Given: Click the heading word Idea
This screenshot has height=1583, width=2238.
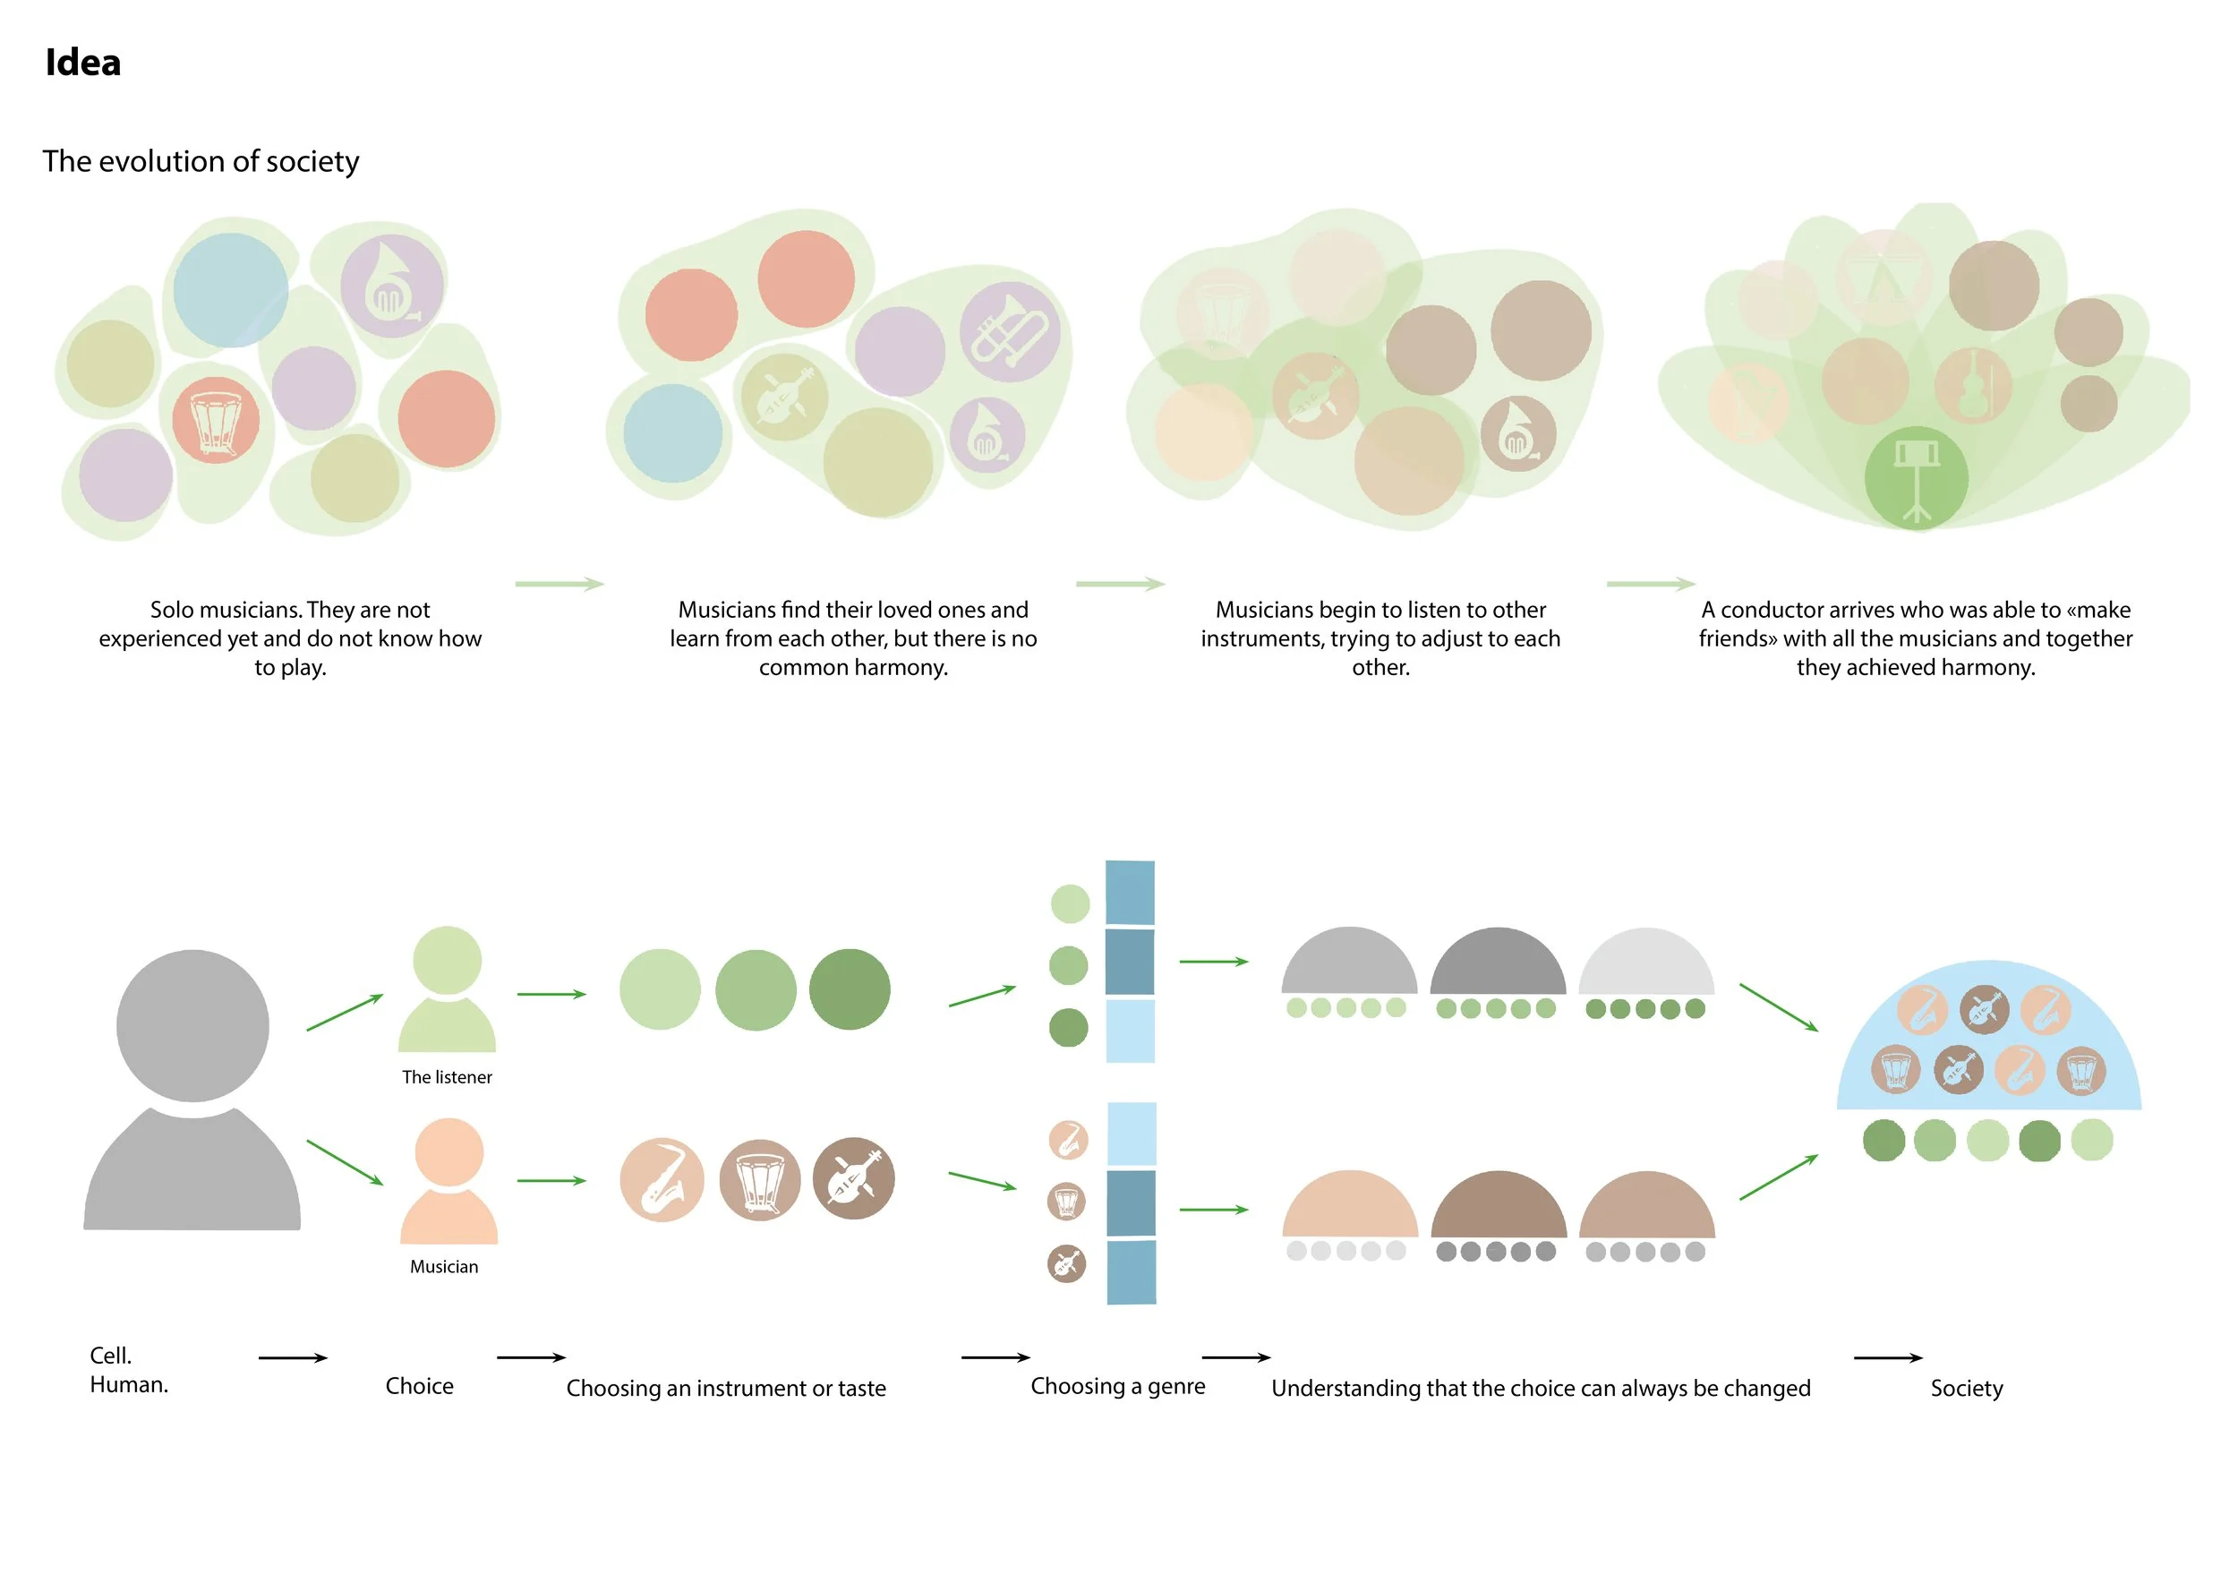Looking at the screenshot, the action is pyautogui.click(x=83, y=63).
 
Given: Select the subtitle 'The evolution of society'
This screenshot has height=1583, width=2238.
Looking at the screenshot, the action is pyautogui.click(x=201, y=161).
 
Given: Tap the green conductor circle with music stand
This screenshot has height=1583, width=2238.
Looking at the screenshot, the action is pyautogui.click(x=1916, y=477).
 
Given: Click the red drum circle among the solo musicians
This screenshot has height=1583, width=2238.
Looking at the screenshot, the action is pyautogui.click(x=216, y=420).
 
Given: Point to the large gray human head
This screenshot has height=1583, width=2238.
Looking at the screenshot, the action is pyautogui.click(x=192, y=1025).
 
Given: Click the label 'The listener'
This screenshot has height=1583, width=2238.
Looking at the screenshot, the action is pyautogui.click(x=447, y=1077).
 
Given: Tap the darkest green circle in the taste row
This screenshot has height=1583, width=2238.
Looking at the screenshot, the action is pyautogui.click(x=849, y=989).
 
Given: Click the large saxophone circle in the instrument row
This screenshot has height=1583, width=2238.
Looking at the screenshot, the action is pyautogui.click(x=662, y=1179).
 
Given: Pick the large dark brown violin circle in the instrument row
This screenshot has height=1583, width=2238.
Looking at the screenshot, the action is pyautogui.click(x=853, y=1177).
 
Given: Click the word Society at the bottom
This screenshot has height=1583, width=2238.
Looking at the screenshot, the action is pyautogui.click(x=1966, y=1388).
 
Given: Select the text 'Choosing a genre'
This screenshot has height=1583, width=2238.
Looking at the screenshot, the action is pyautogui.click(x=1117, y=1386).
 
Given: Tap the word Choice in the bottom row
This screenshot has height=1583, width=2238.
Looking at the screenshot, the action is pyautogui.click(x=419, y=1386).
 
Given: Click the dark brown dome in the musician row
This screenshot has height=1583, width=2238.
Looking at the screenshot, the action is pyautogui.click(x=1499, y=1207).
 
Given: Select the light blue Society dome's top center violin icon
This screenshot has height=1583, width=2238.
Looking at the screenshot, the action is pyautogui.click(x=1984, y=1009).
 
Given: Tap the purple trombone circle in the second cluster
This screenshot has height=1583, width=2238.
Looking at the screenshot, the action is pyautogui.click(x=1009, y=330).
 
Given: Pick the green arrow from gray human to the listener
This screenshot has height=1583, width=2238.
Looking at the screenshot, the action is pyautogui.click(x=344, y=1012).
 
